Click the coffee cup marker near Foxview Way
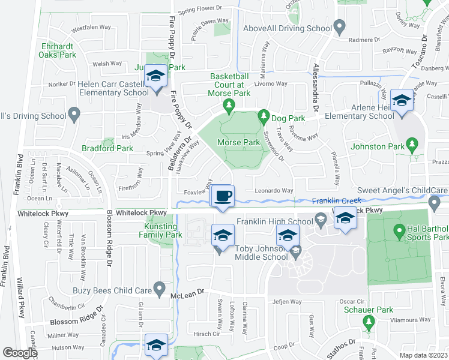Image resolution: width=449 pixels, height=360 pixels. pyautogui.click(x=223, y=196)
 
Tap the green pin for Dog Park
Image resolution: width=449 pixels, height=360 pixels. pyautogui.click(x=263, y=115)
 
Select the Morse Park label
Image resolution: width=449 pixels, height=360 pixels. pyautogui.click(x=238, y=143)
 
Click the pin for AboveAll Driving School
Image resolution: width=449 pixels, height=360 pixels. pyautogui.click(x=339, y=28)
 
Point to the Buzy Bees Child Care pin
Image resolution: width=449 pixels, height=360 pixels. pyautogui.click(x=159, y=290)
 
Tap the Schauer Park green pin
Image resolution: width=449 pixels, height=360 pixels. pyautogui.click(x=368, y=323)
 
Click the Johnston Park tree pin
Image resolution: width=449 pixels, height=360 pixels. pyautogui.click(x=412, y=145)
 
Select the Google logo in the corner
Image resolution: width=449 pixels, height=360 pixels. pyautogui.click(x=20, y=353)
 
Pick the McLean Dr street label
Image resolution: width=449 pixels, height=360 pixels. pyautogui.click(x=187, y=293)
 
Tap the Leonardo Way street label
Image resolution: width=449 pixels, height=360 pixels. pyautogui.click(x=274, y=191)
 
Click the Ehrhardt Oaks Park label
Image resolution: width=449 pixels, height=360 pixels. pyautogui.click(x=58, y=50)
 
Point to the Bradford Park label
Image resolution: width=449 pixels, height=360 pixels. pyautogui.click(x=108, y=148)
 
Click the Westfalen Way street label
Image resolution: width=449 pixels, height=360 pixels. pyautogui.click(x=91, y=28)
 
